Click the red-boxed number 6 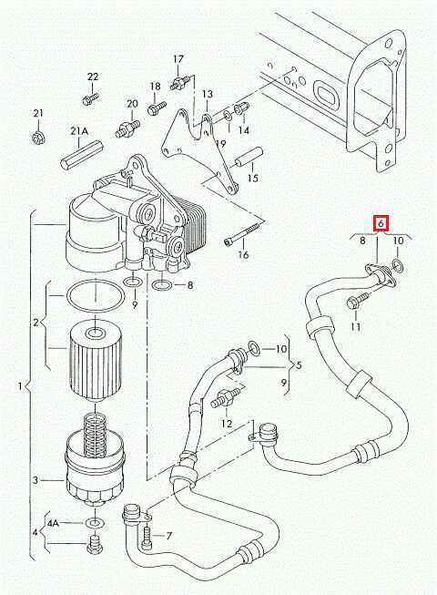pyautogui.click(x=381, y=223)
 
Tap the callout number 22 pyautogui.click(x=93, y=77)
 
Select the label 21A pyautogui.click(x=79, y=131)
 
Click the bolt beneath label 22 pyautogui.click(x=90, y=98)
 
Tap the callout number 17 pyautogui.click(x=178, y=59)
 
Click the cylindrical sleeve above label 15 pyautogui.click(x=248, y=157)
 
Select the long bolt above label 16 pyautogui.click(x=242, y=233)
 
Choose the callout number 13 pyautogui.click(x=208, y=94)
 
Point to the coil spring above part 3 pyautogui.click(x=95, y=434)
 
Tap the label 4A pyautogui.click(x=54, y=523)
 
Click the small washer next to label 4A pyautogui.click(x=94, y=523)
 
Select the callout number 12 pyautogui.click(x=227, y=424)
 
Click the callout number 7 pyautogui.click(x=169, y=536)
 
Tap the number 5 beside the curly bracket pyautogui.click(x=299, y=365)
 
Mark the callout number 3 pyautogui.click(x=36, y=480)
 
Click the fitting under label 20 pyautogui.click(x=127, y=128)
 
